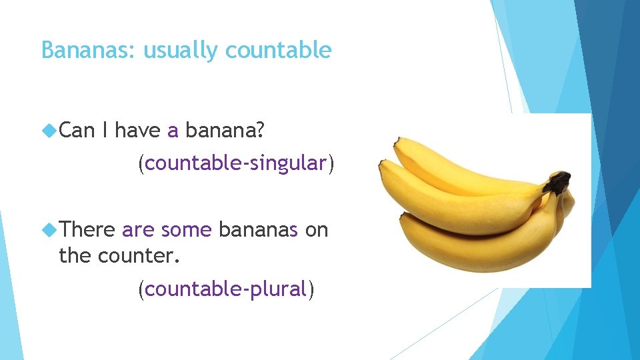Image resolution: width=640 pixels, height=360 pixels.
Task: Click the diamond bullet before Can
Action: [x=49, y=131]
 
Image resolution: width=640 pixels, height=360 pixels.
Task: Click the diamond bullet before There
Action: [x=49, y=230]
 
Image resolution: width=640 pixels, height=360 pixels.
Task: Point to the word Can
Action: [x=77, y=131]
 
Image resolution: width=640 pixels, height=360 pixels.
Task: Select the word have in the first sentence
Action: [x=138, y=131]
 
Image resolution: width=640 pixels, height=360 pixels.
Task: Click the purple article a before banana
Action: [x=173, y=131]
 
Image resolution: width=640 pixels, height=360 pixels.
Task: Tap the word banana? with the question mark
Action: [x=225, y=131]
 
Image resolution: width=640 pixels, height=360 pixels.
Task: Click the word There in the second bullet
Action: [x=87, y=230]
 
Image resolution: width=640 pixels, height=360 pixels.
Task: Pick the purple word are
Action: [x=138, y=230]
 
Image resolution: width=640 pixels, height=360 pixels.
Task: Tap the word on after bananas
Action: [x=317, y=230]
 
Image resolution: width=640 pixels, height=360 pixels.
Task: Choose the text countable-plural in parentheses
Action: [x=225, y=289]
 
